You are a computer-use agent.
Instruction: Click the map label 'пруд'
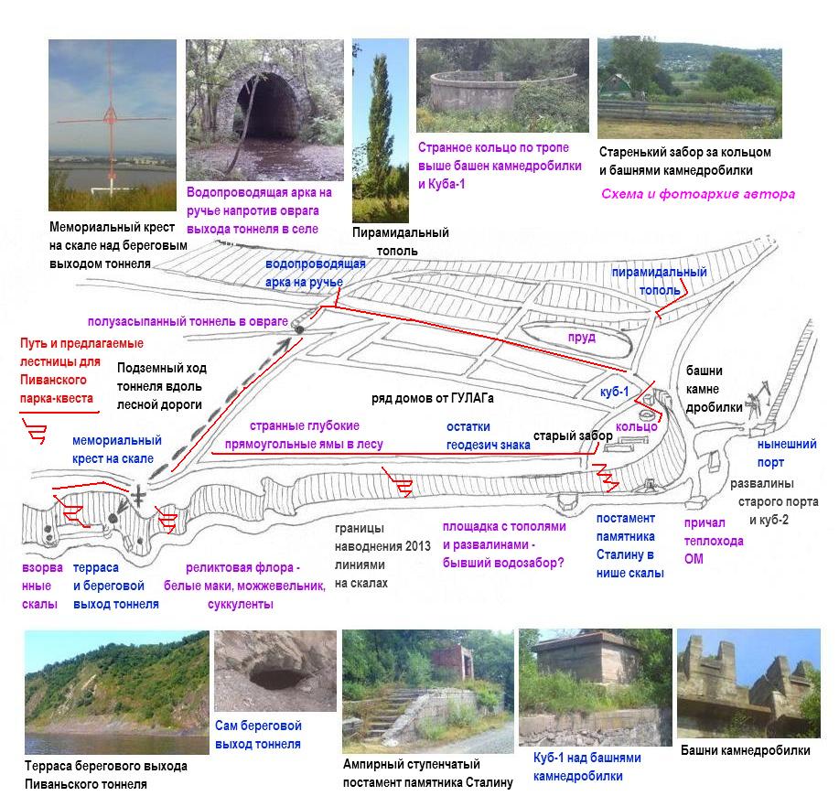[581, 338]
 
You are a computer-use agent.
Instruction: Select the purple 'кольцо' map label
[636, 427]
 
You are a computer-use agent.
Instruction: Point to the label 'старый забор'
[573, 436]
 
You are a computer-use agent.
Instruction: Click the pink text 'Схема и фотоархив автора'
[697, 194]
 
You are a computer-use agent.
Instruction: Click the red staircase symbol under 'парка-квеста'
[35, 431]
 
